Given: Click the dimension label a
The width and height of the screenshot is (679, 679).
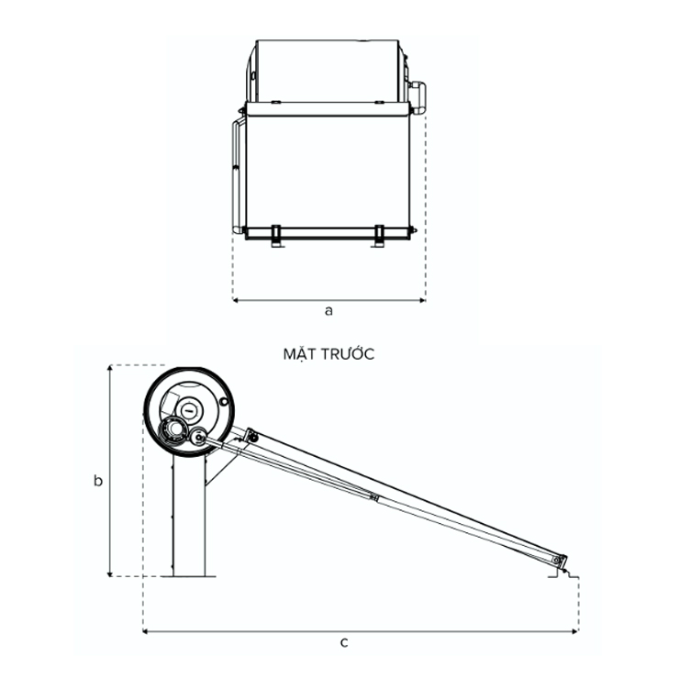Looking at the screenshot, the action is [329, 311].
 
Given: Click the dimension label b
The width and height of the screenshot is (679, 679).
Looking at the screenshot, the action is [98, 480].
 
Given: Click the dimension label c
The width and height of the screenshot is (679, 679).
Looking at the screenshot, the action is [344, 642].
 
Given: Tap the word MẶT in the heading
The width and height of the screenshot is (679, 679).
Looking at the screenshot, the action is [299, 354].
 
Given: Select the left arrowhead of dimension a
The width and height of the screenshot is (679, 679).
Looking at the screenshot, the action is [236, 300].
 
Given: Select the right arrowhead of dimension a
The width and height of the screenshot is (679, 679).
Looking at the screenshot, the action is [423, 300].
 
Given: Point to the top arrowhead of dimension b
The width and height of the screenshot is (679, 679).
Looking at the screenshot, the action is [110, 369].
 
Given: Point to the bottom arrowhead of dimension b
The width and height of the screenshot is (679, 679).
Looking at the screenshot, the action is [110, 573].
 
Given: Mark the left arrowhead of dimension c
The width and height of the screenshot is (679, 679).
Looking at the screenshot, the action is [146, 632].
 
